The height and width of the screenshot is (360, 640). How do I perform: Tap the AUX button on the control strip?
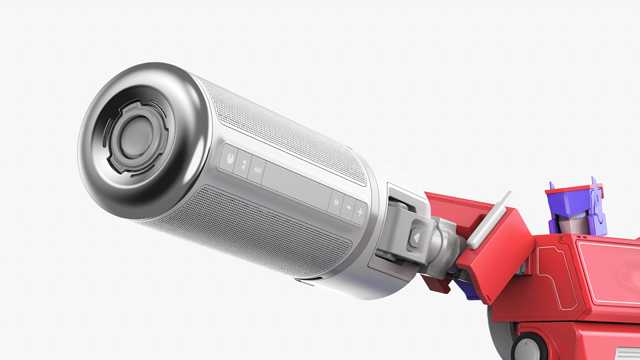coord(257,170)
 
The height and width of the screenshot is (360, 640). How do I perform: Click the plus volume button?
coord(360,212)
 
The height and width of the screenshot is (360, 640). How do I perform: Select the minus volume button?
coord(348,207)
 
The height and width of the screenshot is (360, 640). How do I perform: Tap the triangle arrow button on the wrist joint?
coord(416,238)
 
